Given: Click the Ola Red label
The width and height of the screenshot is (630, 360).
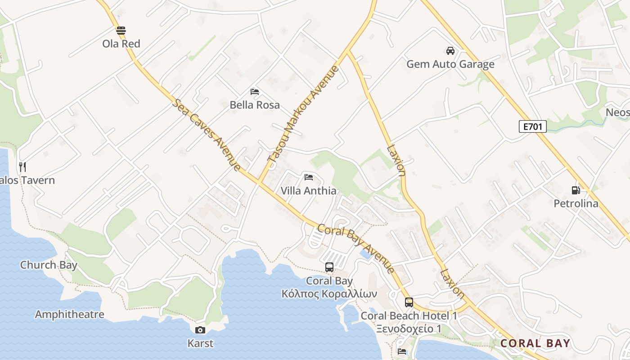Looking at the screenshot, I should tap(121, 44).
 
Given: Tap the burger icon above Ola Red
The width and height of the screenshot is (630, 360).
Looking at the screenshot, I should tap(121, 31).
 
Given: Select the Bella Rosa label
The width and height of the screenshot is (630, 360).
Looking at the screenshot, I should tap(255, 105).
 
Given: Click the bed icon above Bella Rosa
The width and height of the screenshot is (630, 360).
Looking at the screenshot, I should tap(255, 91).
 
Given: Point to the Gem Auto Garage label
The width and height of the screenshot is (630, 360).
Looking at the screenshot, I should tap(450, 64).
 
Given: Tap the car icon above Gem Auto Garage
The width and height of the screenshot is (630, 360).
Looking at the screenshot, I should tap(450, 50).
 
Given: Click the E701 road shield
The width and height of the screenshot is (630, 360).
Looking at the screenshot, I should tap(532, 127).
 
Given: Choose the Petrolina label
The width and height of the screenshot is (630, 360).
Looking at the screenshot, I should tap(576, 203).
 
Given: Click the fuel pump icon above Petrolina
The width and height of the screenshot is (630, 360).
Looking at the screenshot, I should tap(576, 190).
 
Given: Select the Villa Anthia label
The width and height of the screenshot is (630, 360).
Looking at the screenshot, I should tap(308, 191).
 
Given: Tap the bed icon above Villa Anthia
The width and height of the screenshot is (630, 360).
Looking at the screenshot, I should tap(308, 177).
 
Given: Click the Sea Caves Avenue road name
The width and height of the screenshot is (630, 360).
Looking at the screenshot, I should tap(207, 135).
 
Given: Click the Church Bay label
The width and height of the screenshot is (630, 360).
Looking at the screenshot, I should tap(49, 265).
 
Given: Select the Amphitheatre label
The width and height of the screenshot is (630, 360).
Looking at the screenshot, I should tap(69, 314).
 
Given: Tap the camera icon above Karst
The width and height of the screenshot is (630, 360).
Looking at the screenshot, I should tap(200, 330).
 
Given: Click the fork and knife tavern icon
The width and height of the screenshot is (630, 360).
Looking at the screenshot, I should tap(22, 167).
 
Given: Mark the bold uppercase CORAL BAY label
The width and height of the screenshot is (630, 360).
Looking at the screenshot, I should tap(535, 343).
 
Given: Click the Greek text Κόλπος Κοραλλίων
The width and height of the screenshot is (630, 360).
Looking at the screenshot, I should tap(329, 294).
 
